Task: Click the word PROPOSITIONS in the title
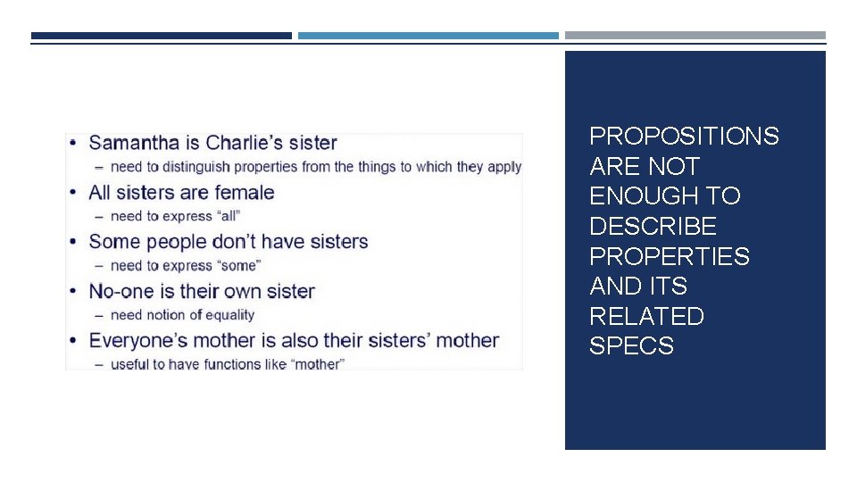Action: click(x=684, y=137)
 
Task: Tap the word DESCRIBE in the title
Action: click(x=653, y=227)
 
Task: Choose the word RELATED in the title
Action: click(x=646, y=317)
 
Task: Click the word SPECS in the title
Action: click(x=631, y=346)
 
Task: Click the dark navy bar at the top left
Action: click(x=161, y=36)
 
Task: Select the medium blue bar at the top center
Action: click(x=428, y=36)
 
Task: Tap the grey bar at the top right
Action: click(x=695, y=36)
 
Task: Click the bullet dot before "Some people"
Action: click(x=71, y=242)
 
